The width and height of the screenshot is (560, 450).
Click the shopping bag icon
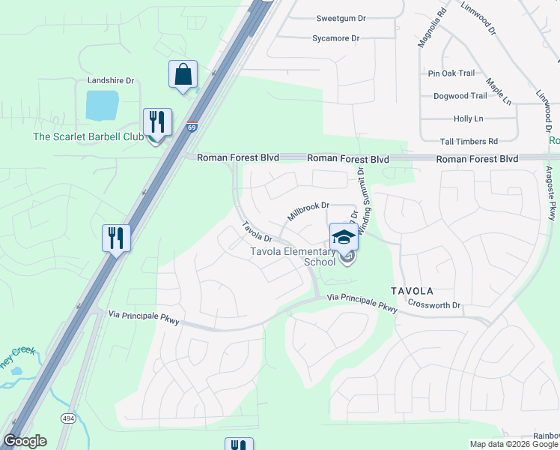click(183, 75)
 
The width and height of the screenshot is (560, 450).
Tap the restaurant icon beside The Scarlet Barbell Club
click(157, 123)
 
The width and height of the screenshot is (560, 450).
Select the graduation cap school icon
click(344, 237)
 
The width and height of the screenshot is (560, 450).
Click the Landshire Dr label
click(110, 80)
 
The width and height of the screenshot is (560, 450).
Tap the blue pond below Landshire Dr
click(102, 106)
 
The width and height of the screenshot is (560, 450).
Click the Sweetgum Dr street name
click(341, 18)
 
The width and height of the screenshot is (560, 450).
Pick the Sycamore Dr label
click(335, 38)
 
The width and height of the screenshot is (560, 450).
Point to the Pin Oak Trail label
click(451, 73)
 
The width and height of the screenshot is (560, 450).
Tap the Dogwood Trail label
click(460, 96)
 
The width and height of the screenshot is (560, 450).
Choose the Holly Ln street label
click(468, 118)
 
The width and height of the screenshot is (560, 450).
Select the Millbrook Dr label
click(308, 211)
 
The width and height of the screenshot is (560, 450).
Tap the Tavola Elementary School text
click(293, 256)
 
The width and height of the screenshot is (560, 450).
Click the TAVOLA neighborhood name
click(411, 290)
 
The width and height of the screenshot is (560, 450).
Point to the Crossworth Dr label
click(434, 305)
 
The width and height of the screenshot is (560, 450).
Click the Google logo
click(25, 441)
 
